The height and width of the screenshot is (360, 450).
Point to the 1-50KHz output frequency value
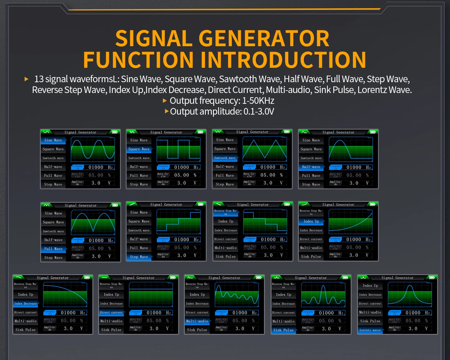[x=258, y=101]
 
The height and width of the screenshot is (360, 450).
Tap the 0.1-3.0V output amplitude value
[x=259, y=112]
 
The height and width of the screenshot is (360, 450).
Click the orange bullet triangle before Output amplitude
[x=167, y=111]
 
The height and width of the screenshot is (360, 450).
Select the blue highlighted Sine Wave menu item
[x=53, y=140]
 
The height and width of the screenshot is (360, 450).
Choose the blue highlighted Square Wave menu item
[x=139, y=149]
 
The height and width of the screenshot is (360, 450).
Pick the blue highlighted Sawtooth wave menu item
[x=225, y=158]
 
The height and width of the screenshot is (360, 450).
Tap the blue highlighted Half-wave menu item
[x=311, y=167]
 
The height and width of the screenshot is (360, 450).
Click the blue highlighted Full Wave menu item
[x=53, y=249]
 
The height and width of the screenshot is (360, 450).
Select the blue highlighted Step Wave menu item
[x=139, y=257]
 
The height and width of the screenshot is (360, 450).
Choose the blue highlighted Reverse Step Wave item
[x=226, y=212]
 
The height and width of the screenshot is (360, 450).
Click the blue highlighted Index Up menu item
[x=311, y=221]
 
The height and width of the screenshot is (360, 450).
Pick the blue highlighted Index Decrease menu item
[x=26, y=304]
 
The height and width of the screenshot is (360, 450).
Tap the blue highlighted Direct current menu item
[x=111, y=312]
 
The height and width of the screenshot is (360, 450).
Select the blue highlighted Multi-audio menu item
[x=197, y=321]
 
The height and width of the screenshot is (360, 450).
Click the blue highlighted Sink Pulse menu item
[x=283, y=330]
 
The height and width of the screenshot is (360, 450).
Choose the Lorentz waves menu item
[x=370, y=330]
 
